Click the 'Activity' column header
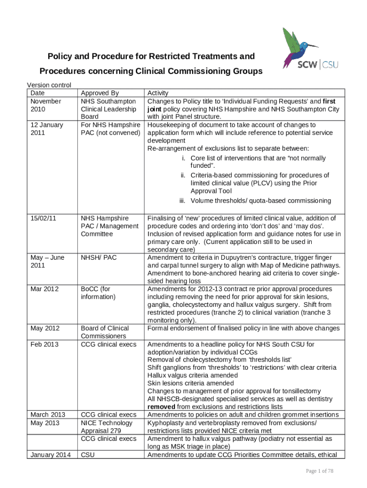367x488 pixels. [x=158, y=93]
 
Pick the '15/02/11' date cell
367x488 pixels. [x=43, y=218]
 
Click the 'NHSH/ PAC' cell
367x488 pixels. [x=99, y=257]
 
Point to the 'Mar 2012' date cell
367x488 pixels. [x=44, y=289]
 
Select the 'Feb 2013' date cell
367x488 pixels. [x=44, y=344]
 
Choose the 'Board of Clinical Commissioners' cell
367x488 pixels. [x=105, y=332]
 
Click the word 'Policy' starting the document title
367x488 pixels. [x=59, y=57]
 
